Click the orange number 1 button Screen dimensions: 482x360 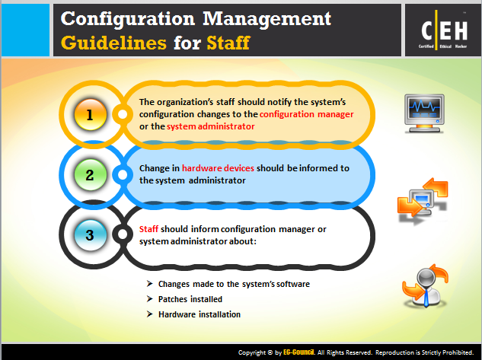tap(91, 115)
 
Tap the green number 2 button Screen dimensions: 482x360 tap(91, 175)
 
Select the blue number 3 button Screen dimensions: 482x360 tap(91, 235)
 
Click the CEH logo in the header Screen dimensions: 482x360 tap(444, 30)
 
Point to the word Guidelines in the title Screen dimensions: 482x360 tap(113, 43)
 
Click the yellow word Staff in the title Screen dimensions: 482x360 tap(228, 43)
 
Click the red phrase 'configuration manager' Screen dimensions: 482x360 tap(306, 114)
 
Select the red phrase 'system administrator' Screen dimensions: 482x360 tap(211, 126)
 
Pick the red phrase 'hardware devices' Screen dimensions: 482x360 tap(218, 168)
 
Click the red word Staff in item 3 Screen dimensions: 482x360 tap(148, 229)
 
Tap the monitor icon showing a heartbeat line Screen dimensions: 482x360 tap(424, 113)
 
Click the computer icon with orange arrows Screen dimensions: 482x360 tap(423, 200)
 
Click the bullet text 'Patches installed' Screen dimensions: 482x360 tap(190, 299)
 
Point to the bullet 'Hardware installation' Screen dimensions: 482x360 tap(200, 314)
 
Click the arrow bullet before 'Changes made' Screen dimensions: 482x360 tap(150, 284)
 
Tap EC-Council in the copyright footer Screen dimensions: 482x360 tap(298, 352)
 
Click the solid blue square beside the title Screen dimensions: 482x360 tap(26, 30)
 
